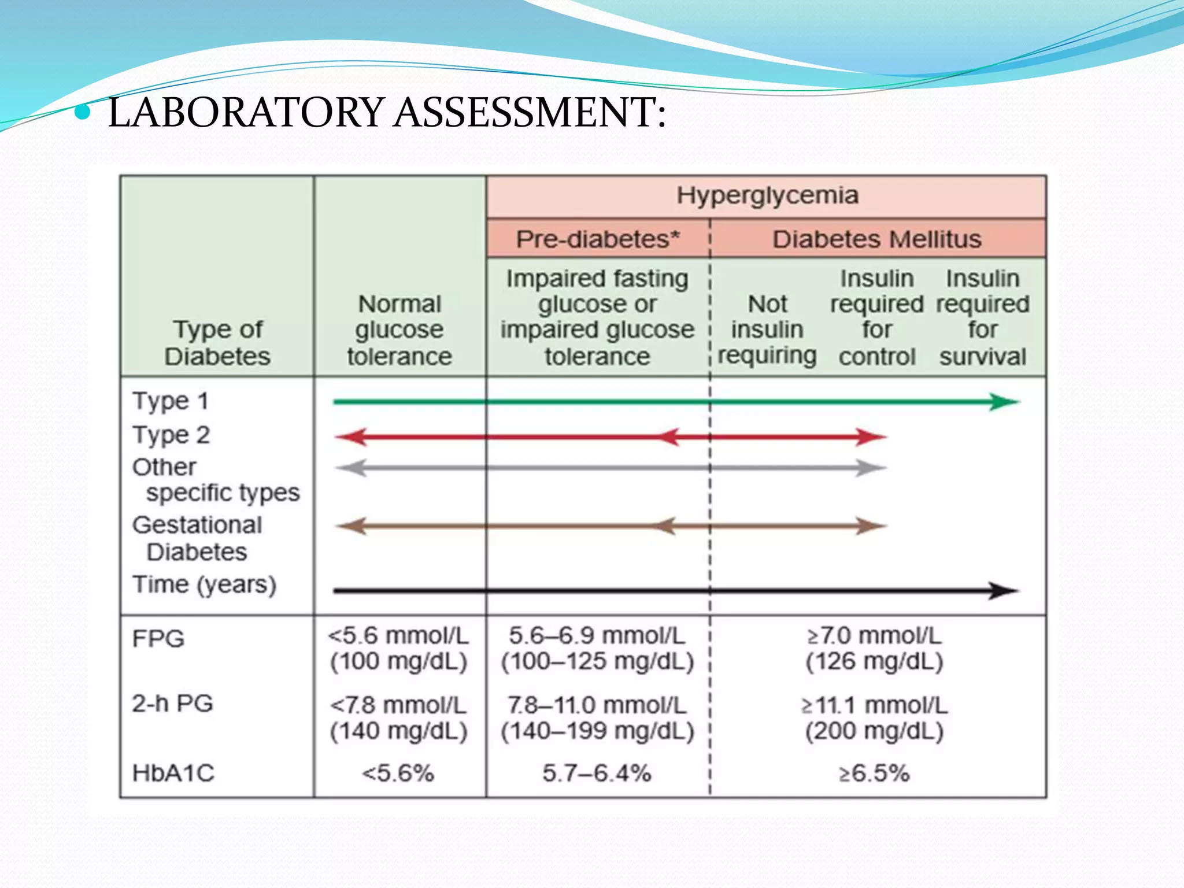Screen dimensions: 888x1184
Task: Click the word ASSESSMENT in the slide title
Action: click(x=530, y=112)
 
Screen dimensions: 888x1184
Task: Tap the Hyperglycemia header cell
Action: click(x=767, y=195)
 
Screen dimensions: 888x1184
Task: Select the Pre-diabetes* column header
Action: click(x=598, y=239)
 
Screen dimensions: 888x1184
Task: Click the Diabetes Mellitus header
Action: click(x=877, y=239)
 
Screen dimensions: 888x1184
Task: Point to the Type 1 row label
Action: click(x=170, y=401)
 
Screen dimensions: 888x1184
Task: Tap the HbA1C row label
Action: click(x=173, y=773)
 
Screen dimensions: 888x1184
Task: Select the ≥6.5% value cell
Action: click(x=874, y=773)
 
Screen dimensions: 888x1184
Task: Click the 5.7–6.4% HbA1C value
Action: click(x=597, y=773)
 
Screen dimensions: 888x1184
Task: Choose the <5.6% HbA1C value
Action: click(x=398, y=773)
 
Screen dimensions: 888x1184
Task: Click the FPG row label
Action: click(x=158, y=639)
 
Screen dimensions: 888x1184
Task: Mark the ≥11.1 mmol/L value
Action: click(x=874, y=705)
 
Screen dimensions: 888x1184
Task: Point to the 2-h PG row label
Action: click(x=172, y=704)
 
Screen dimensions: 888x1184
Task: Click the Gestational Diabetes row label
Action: click(x=197, y=538)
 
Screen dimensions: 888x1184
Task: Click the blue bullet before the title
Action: click(x=83, y=112)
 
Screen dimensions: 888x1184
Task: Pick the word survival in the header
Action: click(x=982, y=357)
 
